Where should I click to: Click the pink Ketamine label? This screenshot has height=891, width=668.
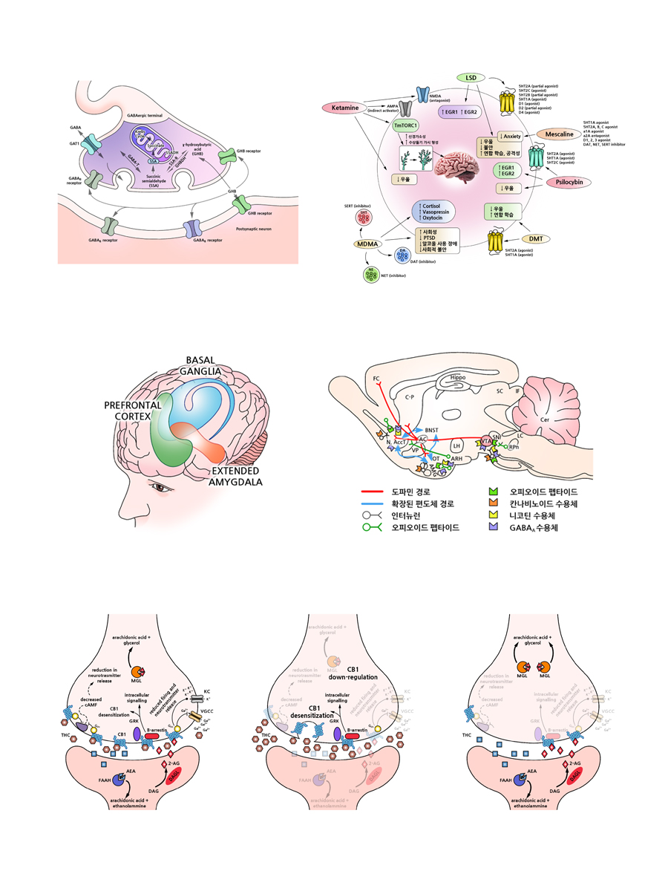tap(345, 108)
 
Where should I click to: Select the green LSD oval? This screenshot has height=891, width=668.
tap(470, 77)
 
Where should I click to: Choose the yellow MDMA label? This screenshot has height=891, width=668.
tap(368, 245)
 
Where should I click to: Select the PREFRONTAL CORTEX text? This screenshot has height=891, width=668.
tap(134, 410)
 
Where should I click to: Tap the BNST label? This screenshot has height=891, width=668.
tap(432, 430)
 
